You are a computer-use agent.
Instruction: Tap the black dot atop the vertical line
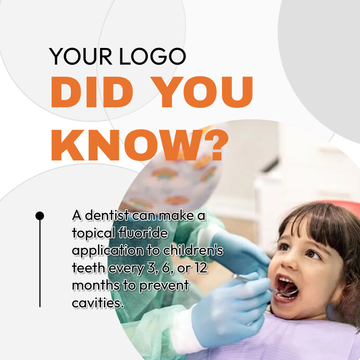tap(40, 215)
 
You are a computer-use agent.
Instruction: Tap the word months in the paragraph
tap(93, 285)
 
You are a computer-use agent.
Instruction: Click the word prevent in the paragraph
tap(165, 285)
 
